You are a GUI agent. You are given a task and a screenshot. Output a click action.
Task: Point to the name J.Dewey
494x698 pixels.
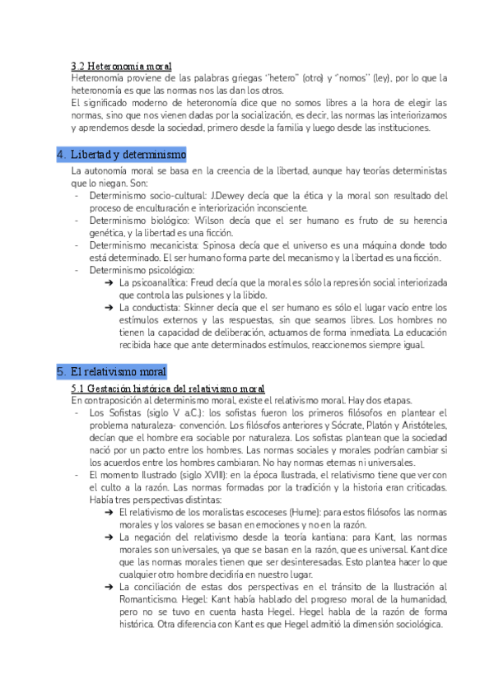225,195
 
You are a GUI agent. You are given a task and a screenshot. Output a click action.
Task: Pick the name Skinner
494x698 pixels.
202,307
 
